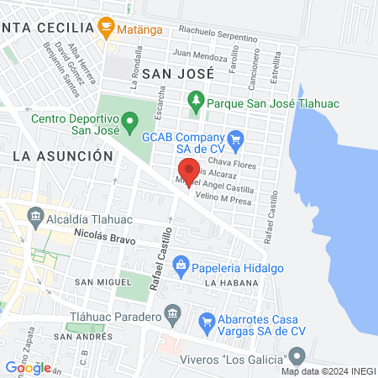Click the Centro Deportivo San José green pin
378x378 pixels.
click(x=129, y=124)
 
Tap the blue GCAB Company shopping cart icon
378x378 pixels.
click(x=236, y=139)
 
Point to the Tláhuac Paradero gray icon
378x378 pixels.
click(x=172, y=317)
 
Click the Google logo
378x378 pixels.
click(x=28, y=367)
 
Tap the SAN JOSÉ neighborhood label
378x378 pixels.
click(x=178, y=73)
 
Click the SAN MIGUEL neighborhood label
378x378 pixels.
click(x=95, y=281)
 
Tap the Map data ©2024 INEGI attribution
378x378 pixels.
click(x=328, y=370)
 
